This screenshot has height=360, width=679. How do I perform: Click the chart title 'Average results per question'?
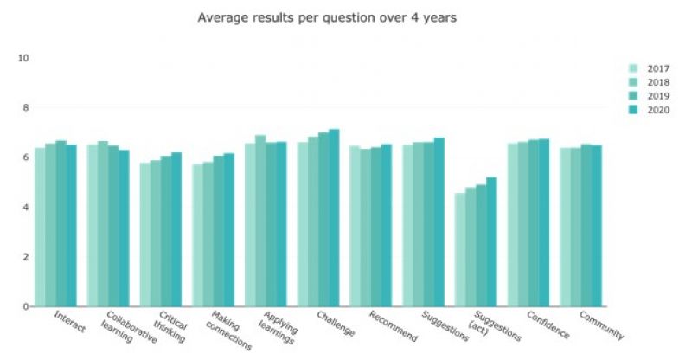tap(326, 17)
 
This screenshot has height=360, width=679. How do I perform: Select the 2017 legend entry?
tap(653, 68)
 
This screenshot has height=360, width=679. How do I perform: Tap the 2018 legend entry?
tap(653, 82)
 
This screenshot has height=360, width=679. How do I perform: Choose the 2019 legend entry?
tap(653, 96)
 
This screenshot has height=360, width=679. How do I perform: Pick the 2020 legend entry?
tap(653, 110)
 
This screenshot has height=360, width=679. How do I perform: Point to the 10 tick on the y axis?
tap(24, 58)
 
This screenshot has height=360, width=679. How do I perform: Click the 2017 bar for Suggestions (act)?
tap(460, 250)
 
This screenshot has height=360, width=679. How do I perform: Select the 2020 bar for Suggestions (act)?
tap(491, 242)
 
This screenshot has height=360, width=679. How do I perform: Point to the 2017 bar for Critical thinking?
tap(145, 235)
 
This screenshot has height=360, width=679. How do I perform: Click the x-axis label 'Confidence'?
tap(549, 325)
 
